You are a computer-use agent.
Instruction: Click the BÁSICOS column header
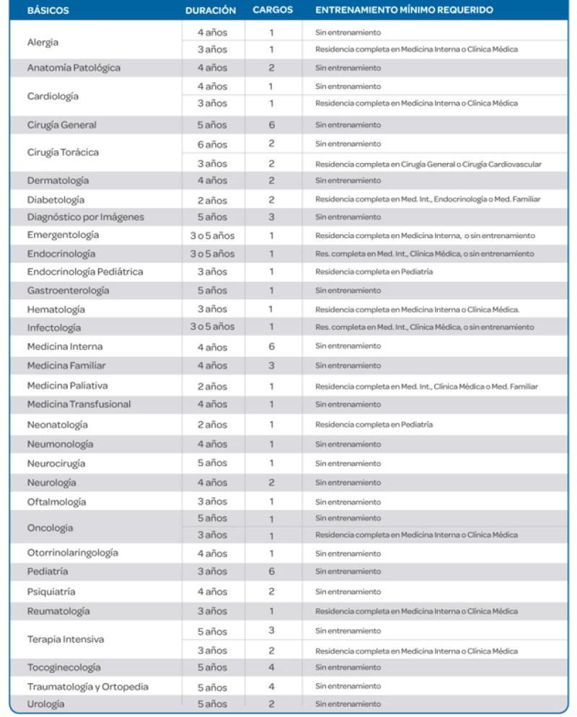[x=48, y=10]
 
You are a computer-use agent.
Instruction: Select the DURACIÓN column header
[x=211, y=10]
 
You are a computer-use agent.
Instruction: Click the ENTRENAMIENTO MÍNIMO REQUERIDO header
[x=404, y=10]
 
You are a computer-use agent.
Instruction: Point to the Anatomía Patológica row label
[x=74, y=68]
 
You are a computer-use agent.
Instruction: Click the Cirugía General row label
[x=62, y=125]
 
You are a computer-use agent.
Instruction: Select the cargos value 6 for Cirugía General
[x=271, y=125]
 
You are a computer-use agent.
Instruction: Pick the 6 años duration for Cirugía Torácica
[x=212, y=144]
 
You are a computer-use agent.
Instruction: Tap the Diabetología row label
[x=56, y=200]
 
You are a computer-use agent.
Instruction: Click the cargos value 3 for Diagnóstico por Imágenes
[x=271, y=217]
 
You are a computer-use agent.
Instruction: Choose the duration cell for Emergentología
[x=212, y=236]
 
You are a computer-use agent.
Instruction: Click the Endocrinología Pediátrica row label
[x=85, y=272]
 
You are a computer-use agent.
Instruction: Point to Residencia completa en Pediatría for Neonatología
[x=374, y=425]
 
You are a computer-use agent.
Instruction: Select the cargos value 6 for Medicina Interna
[x=271, y=347]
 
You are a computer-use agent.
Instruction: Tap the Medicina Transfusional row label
[x=79, y=404]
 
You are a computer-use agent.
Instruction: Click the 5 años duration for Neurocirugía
[x=212, y=463]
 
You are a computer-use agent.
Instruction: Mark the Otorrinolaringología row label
[x=73, y=553]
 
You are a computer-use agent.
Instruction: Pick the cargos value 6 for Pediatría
[x=271, y=571]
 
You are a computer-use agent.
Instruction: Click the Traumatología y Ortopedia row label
[x=88, y=687]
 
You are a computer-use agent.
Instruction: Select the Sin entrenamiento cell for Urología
[x=348, y=704]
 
